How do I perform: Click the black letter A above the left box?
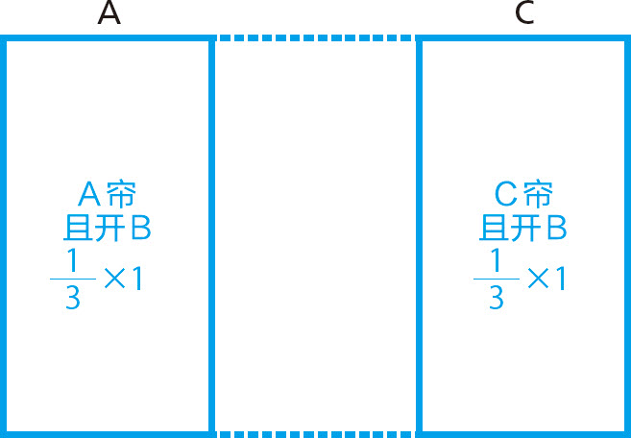click(109, 15)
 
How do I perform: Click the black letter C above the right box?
click(523, 15)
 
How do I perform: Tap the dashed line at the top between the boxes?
click(314, 38)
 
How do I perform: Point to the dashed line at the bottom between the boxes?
click(314, 433)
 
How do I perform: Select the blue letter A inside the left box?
click(89, 195)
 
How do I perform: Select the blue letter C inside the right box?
click(506, 195)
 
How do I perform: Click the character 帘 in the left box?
click(121, 195)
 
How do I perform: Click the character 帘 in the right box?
click(538, 195)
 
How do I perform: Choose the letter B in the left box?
click(139, 229)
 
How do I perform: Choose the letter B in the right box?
click(556, 229)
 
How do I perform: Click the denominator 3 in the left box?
click(72, 299)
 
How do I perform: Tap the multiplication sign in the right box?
click(538, 280)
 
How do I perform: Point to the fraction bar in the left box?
click(72, 279)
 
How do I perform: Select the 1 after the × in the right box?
click(559, 280)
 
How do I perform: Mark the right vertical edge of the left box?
click(209, 235)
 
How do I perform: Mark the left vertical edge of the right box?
click(420, 235)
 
